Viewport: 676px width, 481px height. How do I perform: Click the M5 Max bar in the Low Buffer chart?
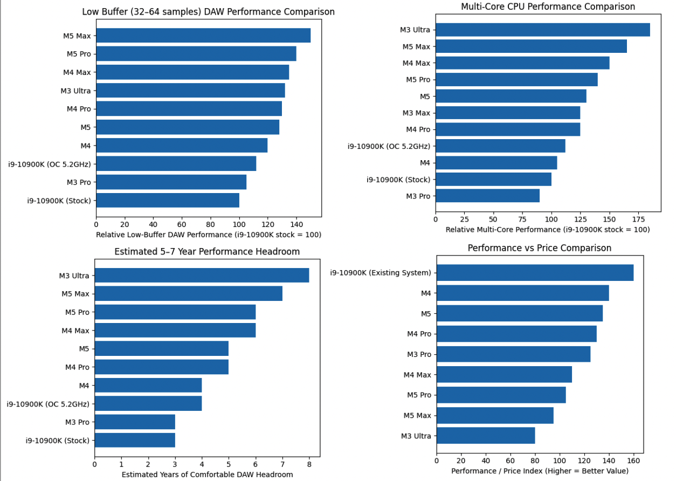point(203,36)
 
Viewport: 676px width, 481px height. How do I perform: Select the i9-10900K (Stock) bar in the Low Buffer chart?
point(168,201)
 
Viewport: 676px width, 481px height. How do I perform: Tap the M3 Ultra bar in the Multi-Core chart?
point(542,30)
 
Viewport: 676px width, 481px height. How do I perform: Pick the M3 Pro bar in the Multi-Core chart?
point(487,196)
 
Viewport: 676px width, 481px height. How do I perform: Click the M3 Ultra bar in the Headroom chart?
point(202,276)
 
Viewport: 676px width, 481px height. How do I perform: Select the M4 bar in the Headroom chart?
point(148,385)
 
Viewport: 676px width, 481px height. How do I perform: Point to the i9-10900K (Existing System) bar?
point(535,273)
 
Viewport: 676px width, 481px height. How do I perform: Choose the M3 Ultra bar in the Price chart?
point(486,436)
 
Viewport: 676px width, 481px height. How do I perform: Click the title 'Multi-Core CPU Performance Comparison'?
point(548,6)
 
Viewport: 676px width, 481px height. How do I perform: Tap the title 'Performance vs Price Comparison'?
point(539,248)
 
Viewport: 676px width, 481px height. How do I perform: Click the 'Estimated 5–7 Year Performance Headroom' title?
point(207,251)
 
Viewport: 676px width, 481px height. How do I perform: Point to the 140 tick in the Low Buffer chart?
point(296,224)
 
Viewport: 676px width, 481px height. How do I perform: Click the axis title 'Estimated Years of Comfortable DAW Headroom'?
point(207,475)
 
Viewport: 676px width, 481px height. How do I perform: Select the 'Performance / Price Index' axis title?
point(540,471)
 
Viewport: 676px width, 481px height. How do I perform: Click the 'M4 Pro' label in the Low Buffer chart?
point(79,109)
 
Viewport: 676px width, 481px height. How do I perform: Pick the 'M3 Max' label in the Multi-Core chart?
point(416,113)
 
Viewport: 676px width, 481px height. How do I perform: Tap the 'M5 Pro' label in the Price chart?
point(418,395)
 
